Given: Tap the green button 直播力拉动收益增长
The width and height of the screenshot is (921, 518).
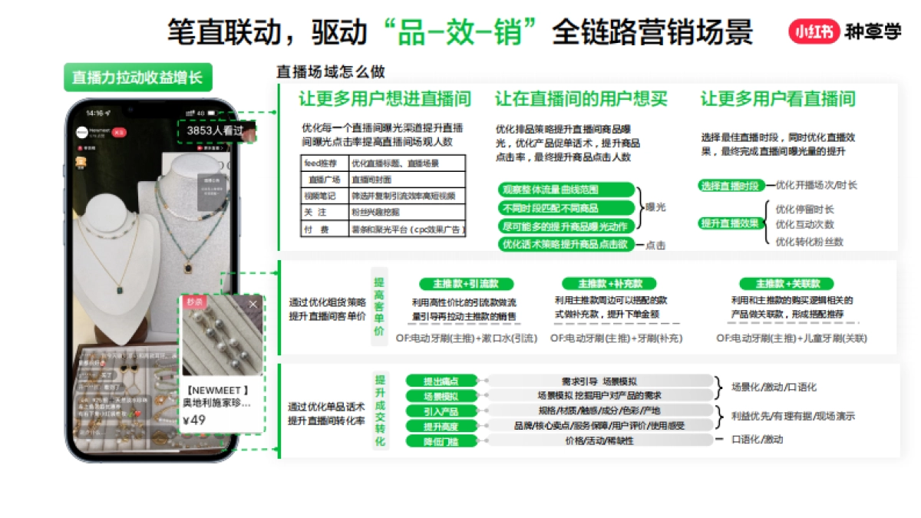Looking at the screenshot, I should click(137, 78).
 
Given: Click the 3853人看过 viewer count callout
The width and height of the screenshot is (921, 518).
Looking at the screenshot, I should click(215, 131).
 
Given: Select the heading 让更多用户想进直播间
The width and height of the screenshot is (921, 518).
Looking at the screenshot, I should click(385, 99).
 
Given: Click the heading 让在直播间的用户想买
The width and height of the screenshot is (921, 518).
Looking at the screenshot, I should click(581, 99).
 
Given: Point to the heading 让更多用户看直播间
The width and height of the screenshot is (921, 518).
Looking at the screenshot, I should click(777, 99).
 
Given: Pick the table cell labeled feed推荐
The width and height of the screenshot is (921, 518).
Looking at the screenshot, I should click(323, 163).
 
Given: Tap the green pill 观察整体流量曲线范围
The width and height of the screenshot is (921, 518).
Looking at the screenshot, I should click(566, 190).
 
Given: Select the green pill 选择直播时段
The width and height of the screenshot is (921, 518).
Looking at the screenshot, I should click(730, 186).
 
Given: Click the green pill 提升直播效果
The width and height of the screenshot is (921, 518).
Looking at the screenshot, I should click(730, 223).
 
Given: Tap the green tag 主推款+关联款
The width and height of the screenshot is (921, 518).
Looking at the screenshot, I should click(785, 283).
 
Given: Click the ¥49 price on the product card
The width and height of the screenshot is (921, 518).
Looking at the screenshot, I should click(195, 420).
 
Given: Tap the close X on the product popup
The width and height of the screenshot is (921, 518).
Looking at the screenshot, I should click(253, 304).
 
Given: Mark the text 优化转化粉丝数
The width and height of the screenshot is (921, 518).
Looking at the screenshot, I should click(809, 242).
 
